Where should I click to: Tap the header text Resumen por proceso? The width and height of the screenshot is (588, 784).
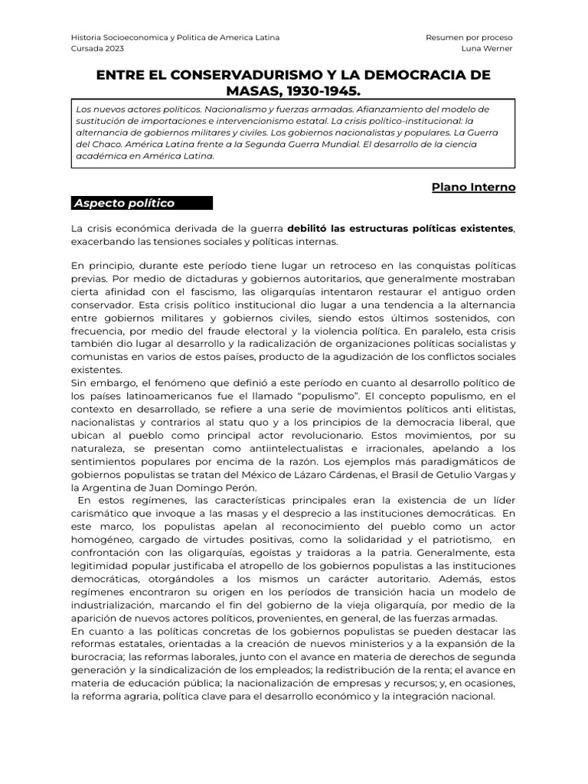pyautogui.click(x=469, y=37)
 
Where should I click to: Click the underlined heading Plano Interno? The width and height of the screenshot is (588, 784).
pyautogui.click(x=473, y=187)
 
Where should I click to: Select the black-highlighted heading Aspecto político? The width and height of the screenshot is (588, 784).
pyautogui.click(x=124, y=203)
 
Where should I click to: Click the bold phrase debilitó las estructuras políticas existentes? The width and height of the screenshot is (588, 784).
pyautogui.click(x=400, y=228)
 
